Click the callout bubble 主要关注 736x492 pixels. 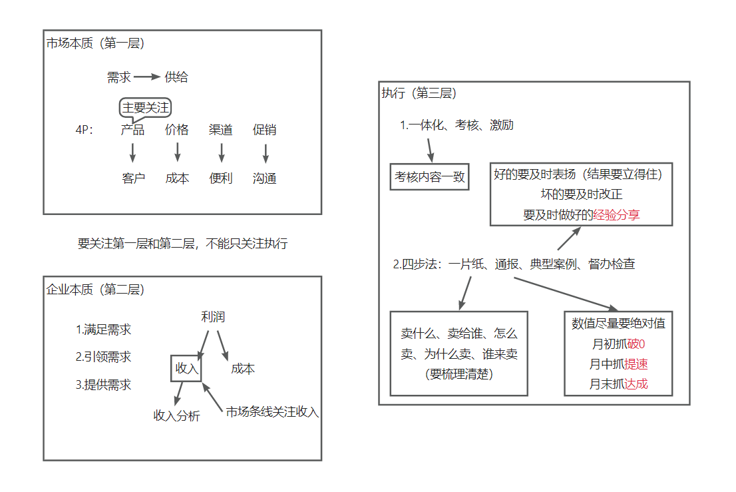146,107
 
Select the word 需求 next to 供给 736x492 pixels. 118,77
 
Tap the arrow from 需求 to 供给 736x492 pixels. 148,77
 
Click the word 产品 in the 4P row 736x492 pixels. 132,130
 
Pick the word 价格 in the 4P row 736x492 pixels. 177,130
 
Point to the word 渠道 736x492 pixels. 220,130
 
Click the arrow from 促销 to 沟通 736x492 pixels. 265,154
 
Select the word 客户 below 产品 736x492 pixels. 133,178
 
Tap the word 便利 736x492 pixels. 220,178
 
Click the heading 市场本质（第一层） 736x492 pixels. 96,44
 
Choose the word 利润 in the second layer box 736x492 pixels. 213,317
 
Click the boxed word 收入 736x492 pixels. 186,368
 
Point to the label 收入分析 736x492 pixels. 176,416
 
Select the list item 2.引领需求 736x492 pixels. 103,357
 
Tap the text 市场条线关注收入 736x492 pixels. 272,412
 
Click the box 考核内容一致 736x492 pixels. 429,177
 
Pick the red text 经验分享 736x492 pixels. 616,215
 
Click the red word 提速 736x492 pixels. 636,364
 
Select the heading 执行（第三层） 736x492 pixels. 419,93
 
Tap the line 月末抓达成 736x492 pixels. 618,383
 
